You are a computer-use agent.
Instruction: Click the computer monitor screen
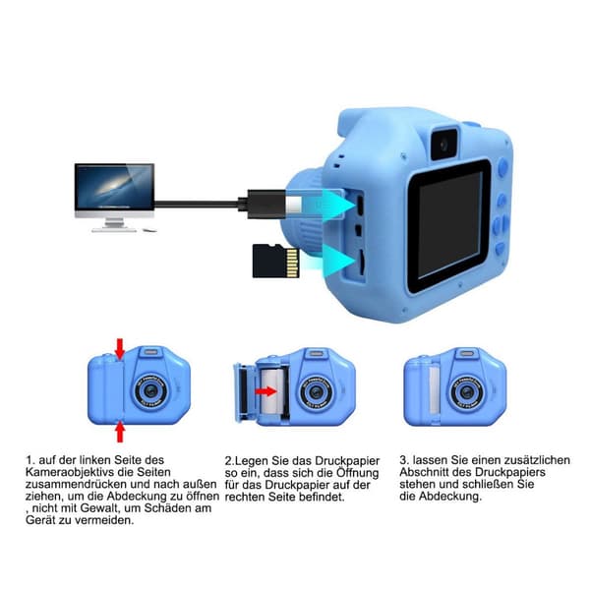click(114, 188)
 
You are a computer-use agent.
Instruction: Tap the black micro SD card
click(275, 261)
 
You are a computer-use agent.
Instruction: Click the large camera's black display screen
click(449, 225)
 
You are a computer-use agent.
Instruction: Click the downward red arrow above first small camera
click(120, 348)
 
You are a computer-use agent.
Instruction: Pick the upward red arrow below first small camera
click(120, 432)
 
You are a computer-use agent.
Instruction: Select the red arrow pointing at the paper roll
click(265, 391)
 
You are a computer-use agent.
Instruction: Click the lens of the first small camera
click(150, 391)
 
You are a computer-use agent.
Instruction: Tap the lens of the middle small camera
click(316, 393)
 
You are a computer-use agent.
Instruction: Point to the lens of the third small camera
click(467, 392)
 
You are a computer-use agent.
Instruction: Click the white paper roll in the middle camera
click(272, 392)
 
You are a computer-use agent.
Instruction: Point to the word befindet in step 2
click(323, 497)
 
